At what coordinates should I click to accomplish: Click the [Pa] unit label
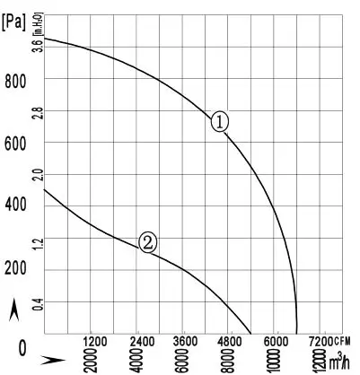(x=14, y=19)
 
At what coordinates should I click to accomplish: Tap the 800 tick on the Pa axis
(x=15, y=82)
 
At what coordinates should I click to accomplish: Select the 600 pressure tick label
(x=15, y=144)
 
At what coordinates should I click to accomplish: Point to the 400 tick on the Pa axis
(x=15, y=205)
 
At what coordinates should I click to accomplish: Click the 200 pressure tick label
(x=15, y=268)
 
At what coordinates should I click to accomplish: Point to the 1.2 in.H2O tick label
(x=37, y=243)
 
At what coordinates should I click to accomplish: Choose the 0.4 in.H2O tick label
(x=37, y=305)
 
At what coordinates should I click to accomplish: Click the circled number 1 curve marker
(x=221, y=122)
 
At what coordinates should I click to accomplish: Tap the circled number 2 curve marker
(x=148, y=240)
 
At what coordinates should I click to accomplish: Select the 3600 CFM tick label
(x=185, y=342)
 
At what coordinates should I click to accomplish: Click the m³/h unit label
(x=338, y=362)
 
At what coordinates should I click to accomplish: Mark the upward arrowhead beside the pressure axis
(x=13, y=310)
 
